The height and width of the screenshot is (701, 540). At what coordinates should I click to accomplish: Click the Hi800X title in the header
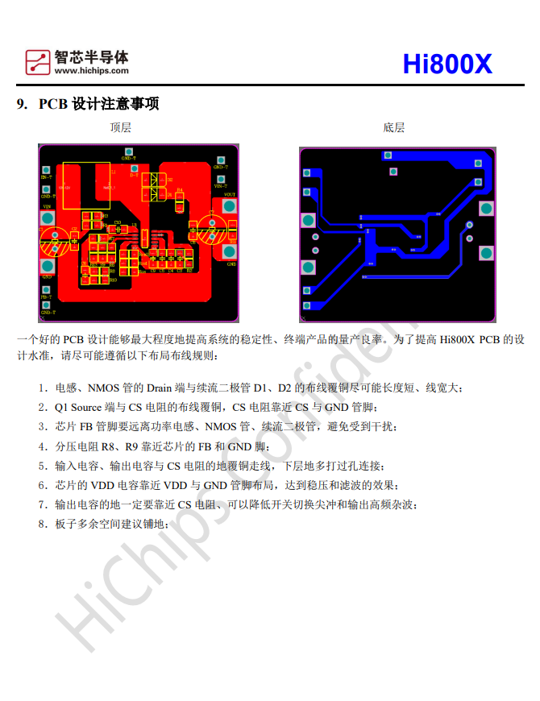coord(447,64)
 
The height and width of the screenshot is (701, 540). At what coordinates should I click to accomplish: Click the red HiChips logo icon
coord(38,61)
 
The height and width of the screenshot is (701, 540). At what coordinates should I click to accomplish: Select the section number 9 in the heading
coord(22,104)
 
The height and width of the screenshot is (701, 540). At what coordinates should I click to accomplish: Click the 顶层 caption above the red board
coord(121,127)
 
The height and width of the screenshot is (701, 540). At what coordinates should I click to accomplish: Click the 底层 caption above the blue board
coord(394,127)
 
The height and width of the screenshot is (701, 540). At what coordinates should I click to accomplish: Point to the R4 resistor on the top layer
coord(180,195)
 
